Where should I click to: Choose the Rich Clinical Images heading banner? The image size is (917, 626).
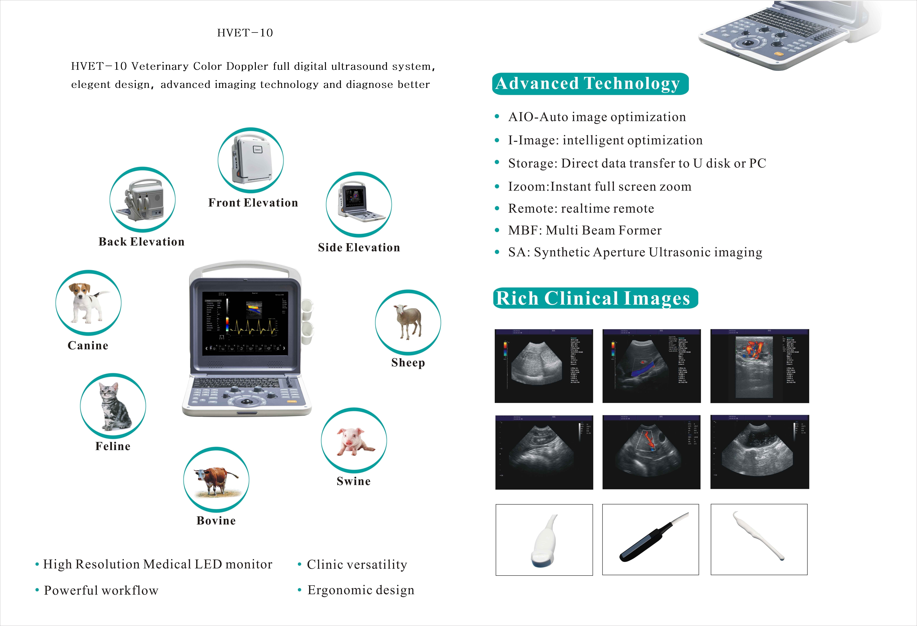pyautogui.click(x=595, y=298)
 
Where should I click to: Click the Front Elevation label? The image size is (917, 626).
pyautogui.click(x=253, y=203)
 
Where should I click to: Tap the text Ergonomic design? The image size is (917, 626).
pyautogui.click(x=361, y=590)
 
